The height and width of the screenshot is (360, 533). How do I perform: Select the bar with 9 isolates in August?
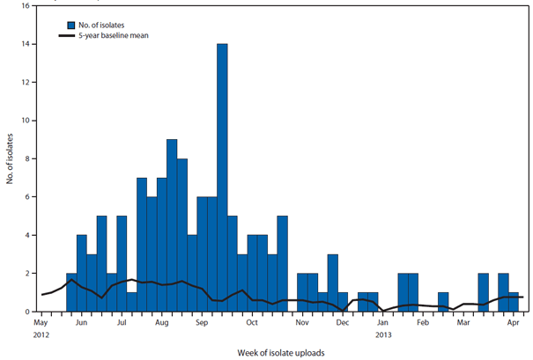coord(172,225)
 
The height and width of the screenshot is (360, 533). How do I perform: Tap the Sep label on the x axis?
coord(202,323)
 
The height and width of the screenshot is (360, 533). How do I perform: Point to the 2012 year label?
coord(41,334)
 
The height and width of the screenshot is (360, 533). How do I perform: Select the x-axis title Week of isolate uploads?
coord(281,352)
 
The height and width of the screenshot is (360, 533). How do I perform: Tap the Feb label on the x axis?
coord(422,323)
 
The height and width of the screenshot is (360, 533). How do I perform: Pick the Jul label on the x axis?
coord(121,323)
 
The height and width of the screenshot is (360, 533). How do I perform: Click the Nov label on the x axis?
coord(302,323)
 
